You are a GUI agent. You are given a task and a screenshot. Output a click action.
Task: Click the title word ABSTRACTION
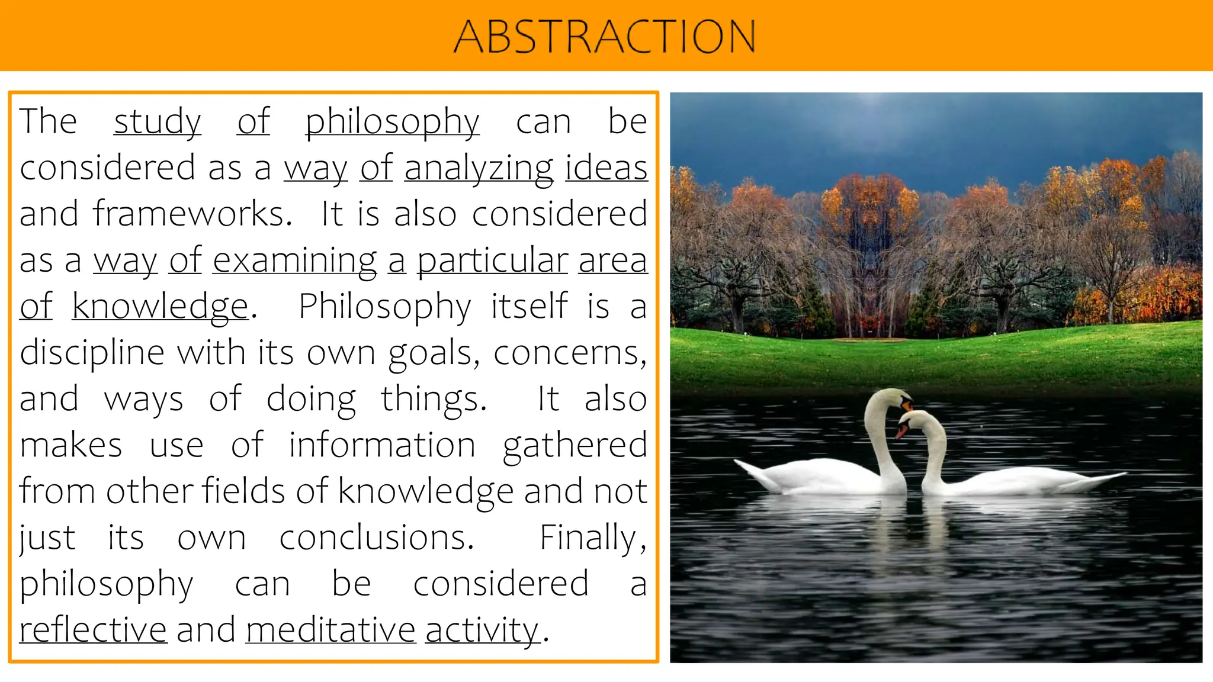(605, 36)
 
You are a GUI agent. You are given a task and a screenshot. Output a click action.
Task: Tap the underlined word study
(157, 122)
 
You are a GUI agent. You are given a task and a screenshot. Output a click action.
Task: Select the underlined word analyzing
(479, 168)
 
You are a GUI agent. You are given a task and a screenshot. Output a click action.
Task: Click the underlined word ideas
(606, 168)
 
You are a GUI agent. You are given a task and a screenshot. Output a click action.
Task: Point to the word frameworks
(192, 214)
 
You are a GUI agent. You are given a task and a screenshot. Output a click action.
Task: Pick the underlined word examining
(294, 260)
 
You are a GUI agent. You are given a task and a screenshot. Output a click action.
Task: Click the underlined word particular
(492, 260)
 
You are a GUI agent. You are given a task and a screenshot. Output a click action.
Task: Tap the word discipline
(92, 353)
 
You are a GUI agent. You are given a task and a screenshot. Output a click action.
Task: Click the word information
(382, 445)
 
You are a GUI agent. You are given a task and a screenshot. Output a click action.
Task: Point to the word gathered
(575, 446)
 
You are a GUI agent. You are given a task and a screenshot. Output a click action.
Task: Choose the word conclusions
(377, 538)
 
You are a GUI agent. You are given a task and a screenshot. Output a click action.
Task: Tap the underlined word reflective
(93, 630)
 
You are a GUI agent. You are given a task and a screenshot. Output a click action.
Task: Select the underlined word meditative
(330, 630)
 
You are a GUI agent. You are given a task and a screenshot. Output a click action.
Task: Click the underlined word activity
(482, 630)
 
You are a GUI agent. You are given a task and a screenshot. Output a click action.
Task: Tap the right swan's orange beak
(901, 431)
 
